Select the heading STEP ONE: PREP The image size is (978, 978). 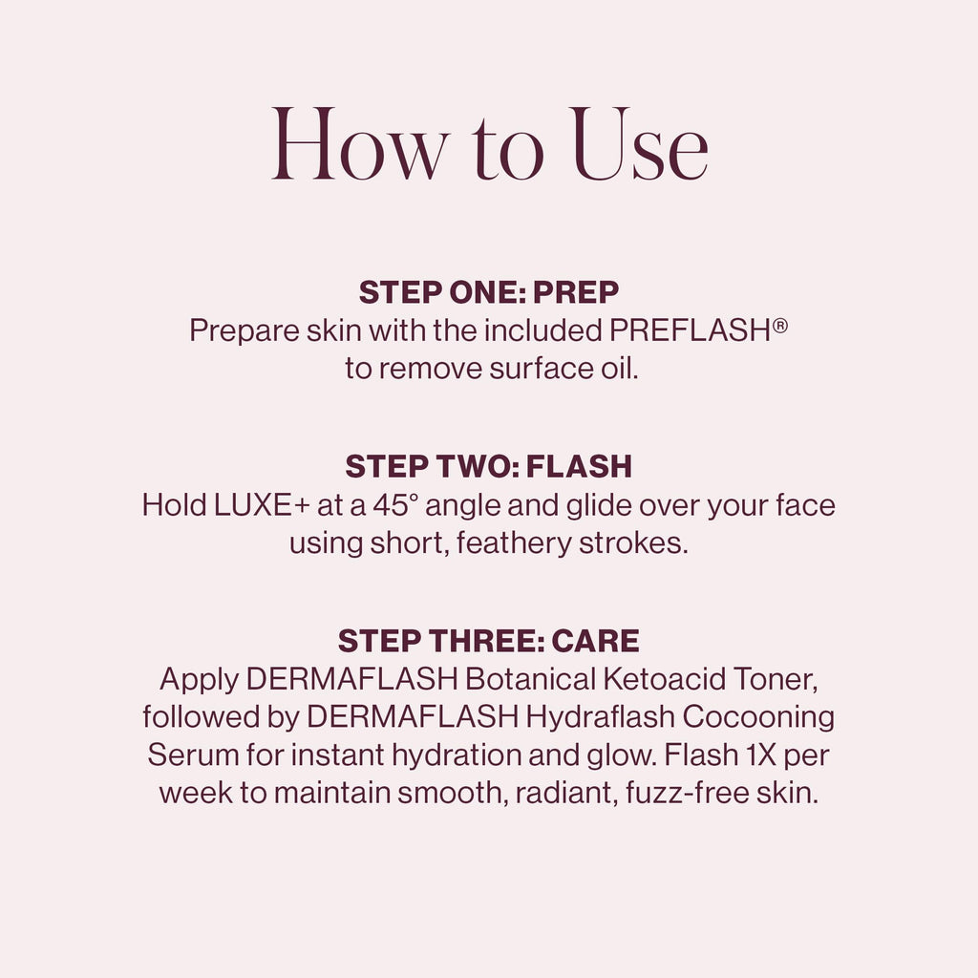[x=488, y=292]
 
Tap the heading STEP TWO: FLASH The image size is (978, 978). [x=488, y=466]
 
